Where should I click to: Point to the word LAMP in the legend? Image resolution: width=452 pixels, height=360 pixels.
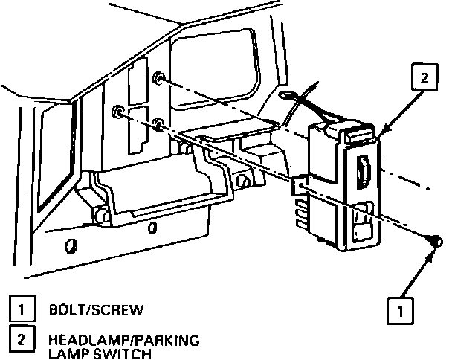[x=67, y=353]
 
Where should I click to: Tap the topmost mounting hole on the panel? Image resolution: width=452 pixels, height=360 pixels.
[x=158, y=77]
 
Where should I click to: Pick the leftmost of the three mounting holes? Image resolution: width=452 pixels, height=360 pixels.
[x=117, y=112]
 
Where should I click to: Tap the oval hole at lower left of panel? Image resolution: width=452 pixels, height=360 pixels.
[x=71, y=246]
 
